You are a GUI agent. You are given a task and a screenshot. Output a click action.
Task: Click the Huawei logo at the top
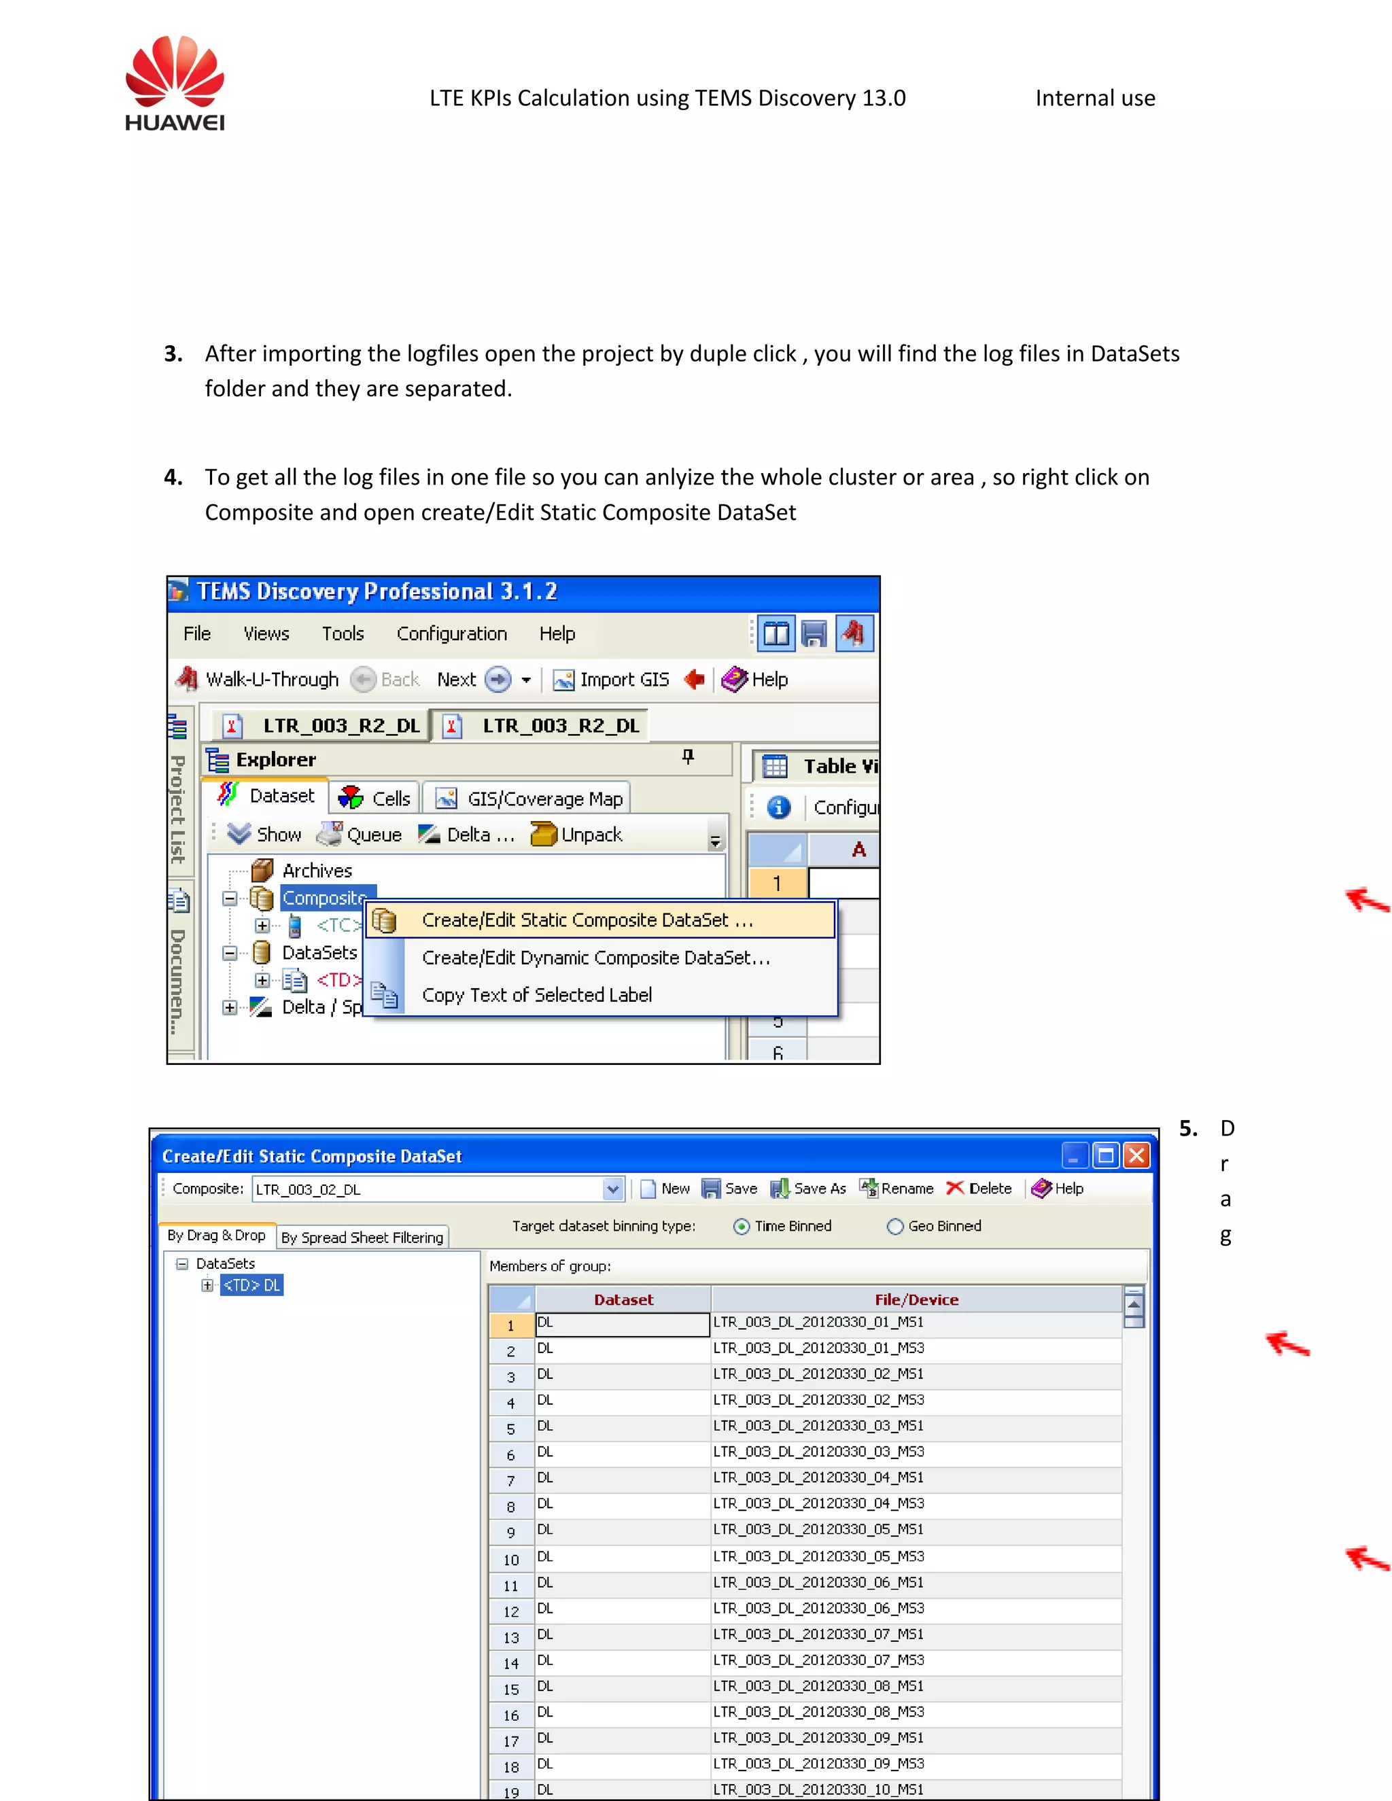click(175, 82)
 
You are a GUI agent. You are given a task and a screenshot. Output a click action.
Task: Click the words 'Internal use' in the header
click(1094, 98)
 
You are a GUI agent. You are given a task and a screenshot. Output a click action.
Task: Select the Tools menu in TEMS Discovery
click(343, 633)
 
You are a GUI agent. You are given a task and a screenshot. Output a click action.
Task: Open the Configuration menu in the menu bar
click(451, 633)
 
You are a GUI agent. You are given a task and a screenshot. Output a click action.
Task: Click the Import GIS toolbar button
click(611, 680)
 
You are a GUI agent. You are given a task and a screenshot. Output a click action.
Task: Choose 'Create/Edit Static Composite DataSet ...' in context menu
click(587, 920)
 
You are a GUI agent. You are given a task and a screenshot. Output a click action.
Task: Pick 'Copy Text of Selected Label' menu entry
click(537, 996)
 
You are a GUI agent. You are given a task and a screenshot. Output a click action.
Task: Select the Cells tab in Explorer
click(376, 799)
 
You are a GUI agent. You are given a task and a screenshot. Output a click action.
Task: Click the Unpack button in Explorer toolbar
click(577, 835)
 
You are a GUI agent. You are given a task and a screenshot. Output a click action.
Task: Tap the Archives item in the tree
click(317, 871)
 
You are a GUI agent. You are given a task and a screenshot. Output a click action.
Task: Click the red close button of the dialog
click(1136, 1155)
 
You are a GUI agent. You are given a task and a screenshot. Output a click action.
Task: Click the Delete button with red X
click(979, 1188)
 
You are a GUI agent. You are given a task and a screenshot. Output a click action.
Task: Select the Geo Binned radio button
click(896, 1226)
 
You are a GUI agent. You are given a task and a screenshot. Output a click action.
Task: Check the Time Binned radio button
click(742, 1226)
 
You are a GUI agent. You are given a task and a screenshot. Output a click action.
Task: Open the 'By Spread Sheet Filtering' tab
click(362, 1237)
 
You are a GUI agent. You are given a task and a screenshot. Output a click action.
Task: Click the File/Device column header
click(916, 1299)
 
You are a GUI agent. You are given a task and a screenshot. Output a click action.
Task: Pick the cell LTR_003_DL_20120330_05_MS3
click(818, 1556)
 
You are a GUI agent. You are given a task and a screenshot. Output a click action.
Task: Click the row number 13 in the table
click(511, 1638)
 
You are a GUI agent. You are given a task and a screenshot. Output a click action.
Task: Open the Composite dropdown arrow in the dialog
click(612, 1189)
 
